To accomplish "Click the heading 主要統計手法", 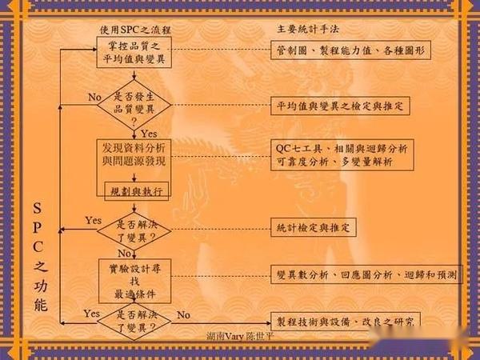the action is [x=308, y=30].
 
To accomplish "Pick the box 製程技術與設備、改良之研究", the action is [x=344, y=322].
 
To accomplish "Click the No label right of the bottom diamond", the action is [x=183, y=314].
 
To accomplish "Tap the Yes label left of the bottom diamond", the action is [x=91, y=314].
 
